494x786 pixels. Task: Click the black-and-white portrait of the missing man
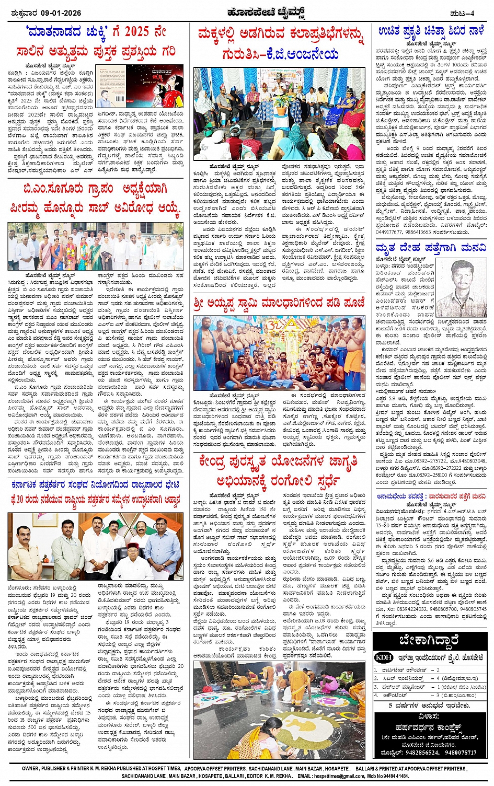coord(461,288)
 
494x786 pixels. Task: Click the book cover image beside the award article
coord(141,86)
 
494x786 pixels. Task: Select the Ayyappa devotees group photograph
coord(279,354)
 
